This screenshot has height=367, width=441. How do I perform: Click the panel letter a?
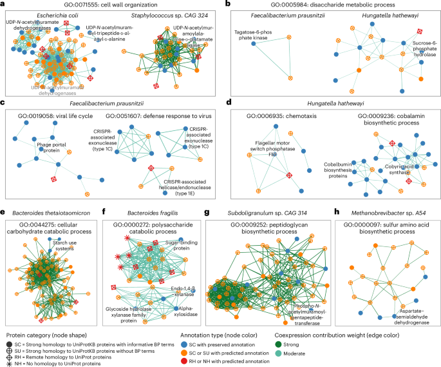(5, 5)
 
